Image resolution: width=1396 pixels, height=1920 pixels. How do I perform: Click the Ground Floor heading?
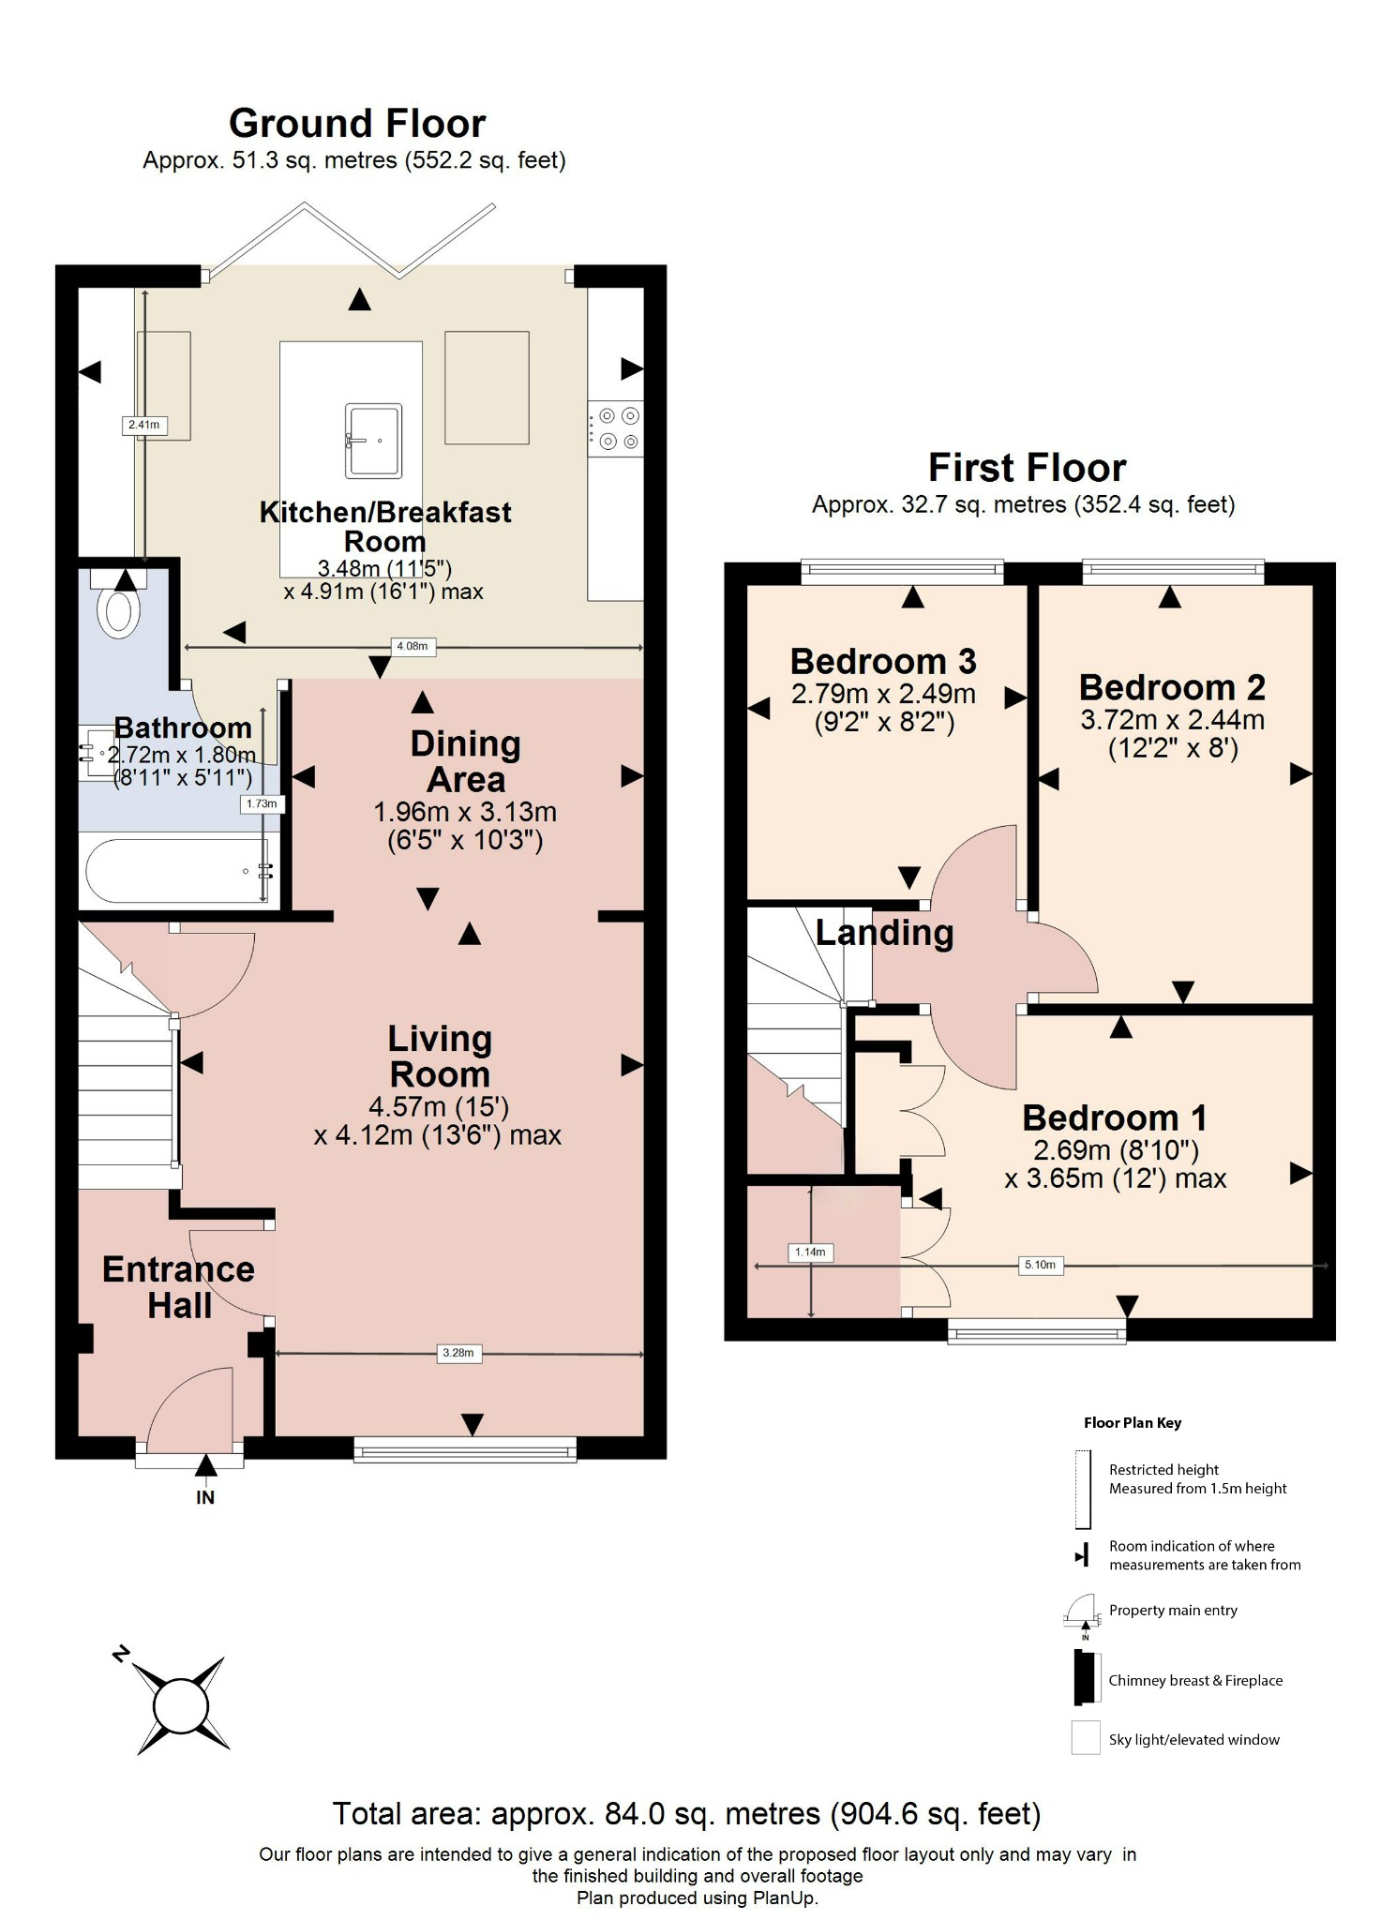point(357,124)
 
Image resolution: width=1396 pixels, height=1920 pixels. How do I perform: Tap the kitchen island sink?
point(373,440)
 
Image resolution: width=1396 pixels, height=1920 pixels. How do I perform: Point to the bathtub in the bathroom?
point(178,871)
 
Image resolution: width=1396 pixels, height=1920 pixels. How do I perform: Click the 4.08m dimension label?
point(412,646)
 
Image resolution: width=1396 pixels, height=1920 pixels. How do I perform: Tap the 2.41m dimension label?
point(143,425)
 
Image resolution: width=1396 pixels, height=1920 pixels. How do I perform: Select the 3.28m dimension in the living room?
point(458,1353)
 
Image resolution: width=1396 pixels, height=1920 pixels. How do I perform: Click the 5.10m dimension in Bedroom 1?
point(1040,1265)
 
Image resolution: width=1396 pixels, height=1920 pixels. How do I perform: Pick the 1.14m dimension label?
point(810,1252)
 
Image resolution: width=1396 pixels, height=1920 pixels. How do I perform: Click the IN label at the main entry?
point(204,1497)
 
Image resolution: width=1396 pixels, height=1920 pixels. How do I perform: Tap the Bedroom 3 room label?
point(883,662)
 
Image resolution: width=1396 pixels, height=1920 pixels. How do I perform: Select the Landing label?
point(884,933)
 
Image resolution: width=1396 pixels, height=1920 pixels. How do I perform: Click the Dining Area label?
point(465,761)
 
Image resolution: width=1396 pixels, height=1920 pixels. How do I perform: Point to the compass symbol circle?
point(180,1706)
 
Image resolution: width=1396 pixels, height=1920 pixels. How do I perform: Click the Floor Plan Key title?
point(1132,1422)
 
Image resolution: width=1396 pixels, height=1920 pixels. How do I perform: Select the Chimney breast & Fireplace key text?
point(1194,1680)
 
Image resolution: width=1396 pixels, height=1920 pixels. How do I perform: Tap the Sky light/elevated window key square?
point(1085,1738)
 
